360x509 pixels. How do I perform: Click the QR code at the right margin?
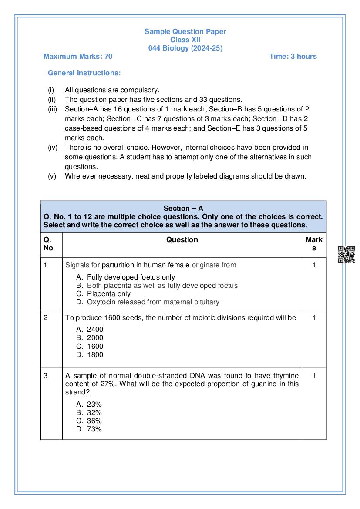click(347, 254)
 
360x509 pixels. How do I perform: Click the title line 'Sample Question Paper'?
click(185, 31)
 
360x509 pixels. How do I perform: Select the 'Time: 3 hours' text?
click(293, 56)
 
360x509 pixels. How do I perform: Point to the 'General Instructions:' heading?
click(84, 73)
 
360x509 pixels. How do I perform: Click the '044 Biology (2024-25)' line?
click(185, 48)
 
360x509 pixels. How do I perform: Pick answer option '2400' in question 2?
click(95, 330)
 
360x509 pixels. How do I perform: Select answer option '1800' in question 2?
click(95, 354)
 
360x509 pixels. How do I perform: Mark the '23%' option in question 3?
click(94, 404)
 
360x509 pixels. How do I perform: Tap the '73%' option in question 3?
click(94, 429)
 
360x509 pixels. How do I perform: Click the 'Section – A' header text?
click(183, 209)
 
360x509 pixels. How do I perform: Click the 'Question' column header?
click(182, 239)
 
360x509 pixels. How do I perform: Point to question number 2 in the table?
click(46, 317)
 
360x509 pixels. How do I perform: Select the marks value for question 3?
click(314, 375)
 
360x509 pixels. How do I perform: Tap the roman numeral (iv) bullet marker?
click(52, 148)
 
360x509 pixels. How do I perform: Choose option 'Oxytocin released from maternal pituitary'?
click(153, 302)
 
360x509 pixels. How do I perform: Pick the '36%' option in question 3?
click(94, 421)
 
